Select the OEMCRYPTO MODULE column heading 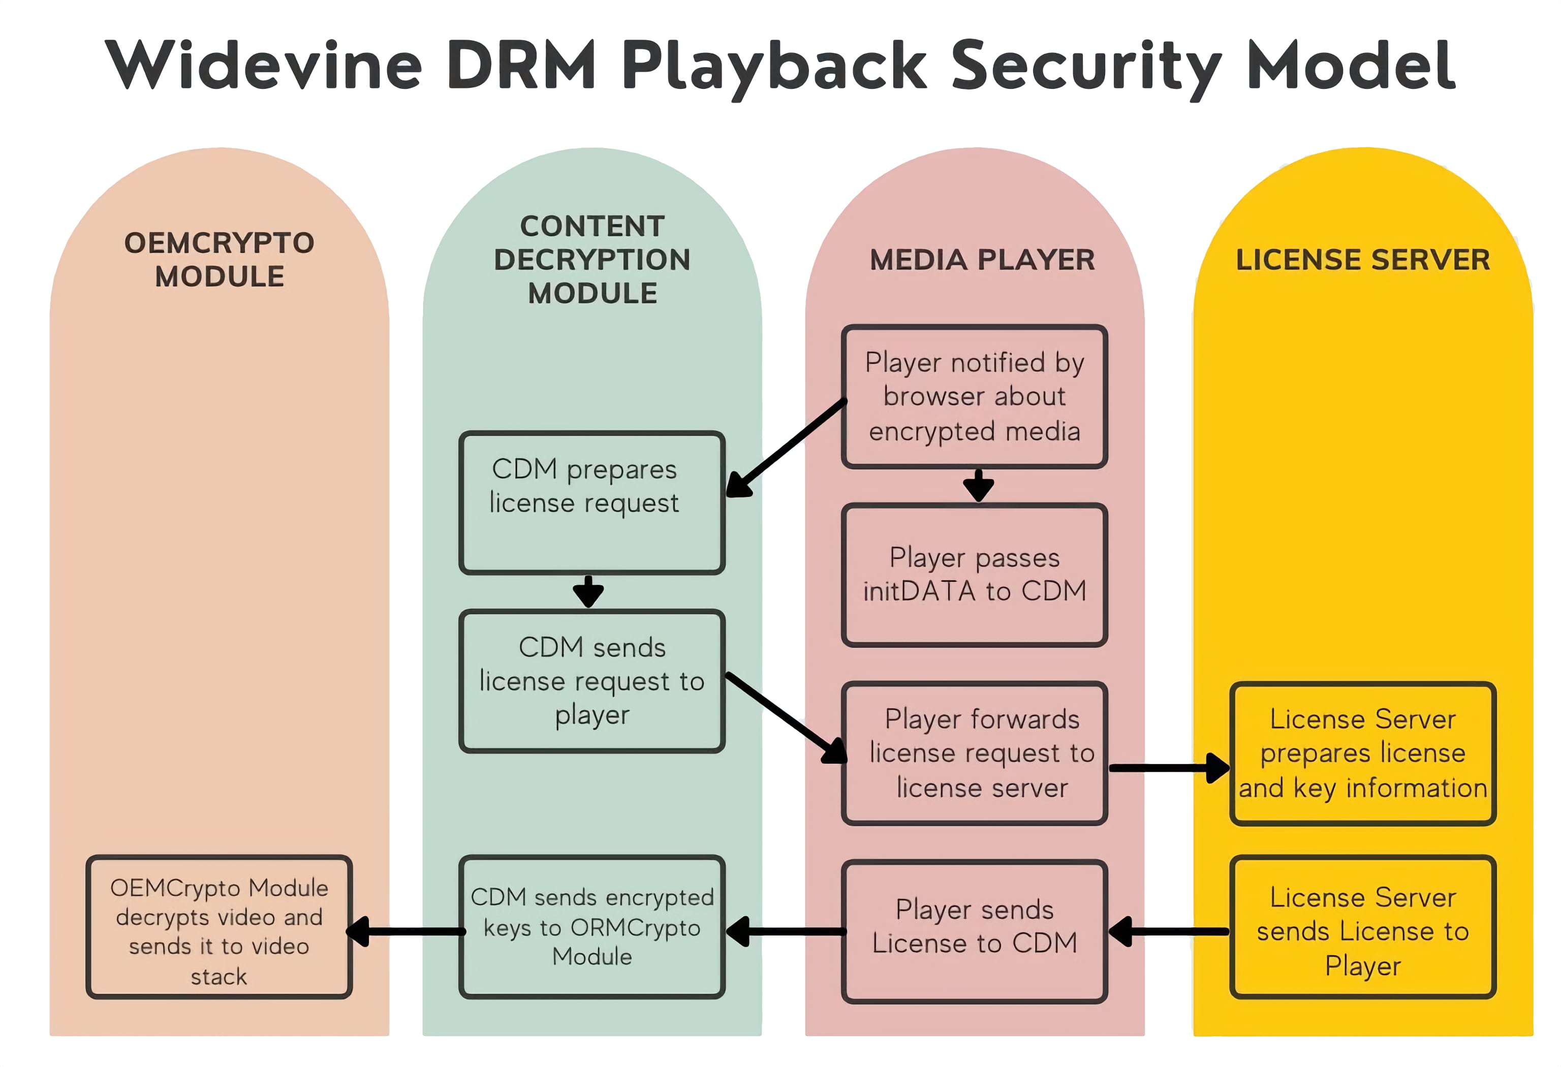click(219, 260)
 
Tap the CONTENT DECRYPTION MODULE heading click(592, 260)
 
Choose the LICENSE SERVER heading click(1362, 260)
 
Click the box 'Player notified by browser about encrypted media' click(974, 396)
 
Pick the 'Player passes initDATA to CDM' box click(974, 575)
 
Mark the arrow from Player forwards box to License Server click(1169, 768)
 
